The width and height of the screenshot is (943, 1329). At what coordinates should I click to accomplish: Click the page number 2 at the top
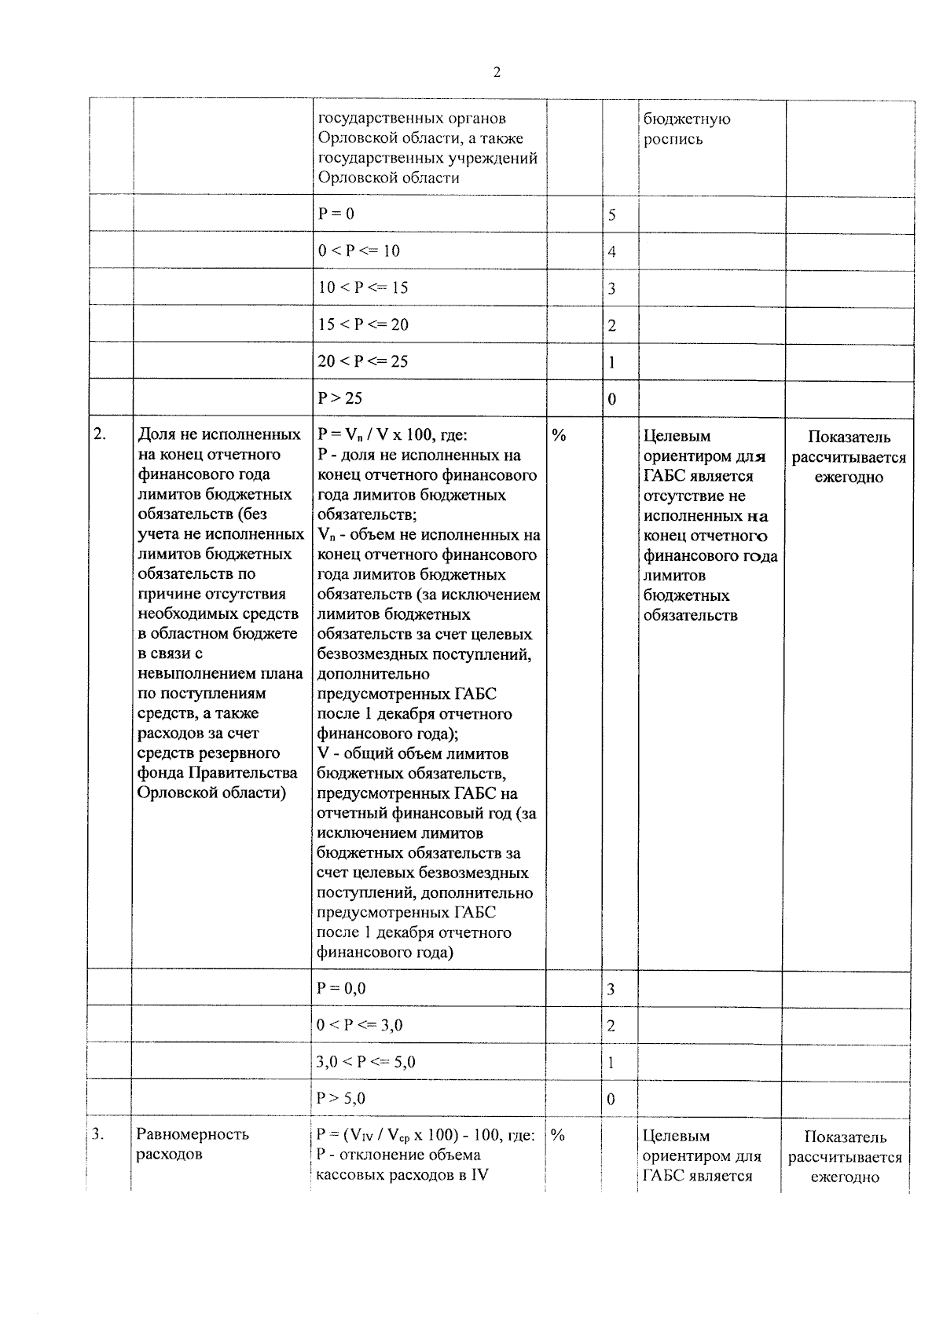(496, 73)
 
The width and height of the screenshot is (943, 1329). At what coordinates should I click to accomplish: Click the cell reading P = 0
(336, 214)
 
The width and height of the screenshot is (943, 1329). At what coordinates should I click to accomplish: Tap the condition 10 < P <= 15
(363, 287)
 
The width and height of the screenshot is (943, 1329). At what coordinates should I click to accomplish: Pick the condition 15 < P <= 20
(363, 324)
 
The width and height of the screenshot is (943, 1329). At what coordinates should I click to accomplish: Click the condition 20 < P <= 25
(363, 361)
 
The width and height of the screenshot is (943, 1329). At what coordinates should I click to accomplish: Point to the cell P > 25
(339, 398)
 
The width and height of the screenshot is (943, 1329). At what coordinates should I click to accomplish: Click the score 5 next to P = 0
(612, 215)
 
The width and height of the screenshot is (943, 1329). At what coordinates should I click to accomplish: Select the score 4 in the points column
(612, 252)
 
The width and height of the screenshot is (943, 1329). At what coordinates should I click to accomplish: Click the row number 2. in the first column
(100, 434)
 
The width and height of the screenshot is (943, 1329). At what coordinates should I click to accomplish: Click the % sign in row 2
(559, 435)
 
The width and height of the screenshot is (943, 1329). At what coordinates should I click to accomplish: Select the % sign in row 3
(558, 1134)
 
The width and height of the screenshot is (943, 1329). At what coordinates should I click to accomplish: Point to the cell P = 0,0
(341, 988)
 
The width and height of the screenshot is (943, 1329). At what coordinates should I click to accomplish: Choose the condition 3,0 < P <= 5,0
(365, 1062)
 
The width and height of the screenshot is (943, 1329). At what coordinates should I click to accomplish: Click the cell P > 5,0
(341, 1098)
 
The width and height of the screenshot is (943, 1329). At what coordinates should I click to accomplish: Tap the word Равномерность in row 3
(193, 1134)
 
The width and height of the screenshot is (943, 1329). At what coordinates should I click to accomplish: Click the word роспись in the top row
(673, 140)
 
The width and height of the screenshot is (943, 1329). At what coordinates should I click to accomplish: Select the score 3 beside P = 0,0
(611, 990)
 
